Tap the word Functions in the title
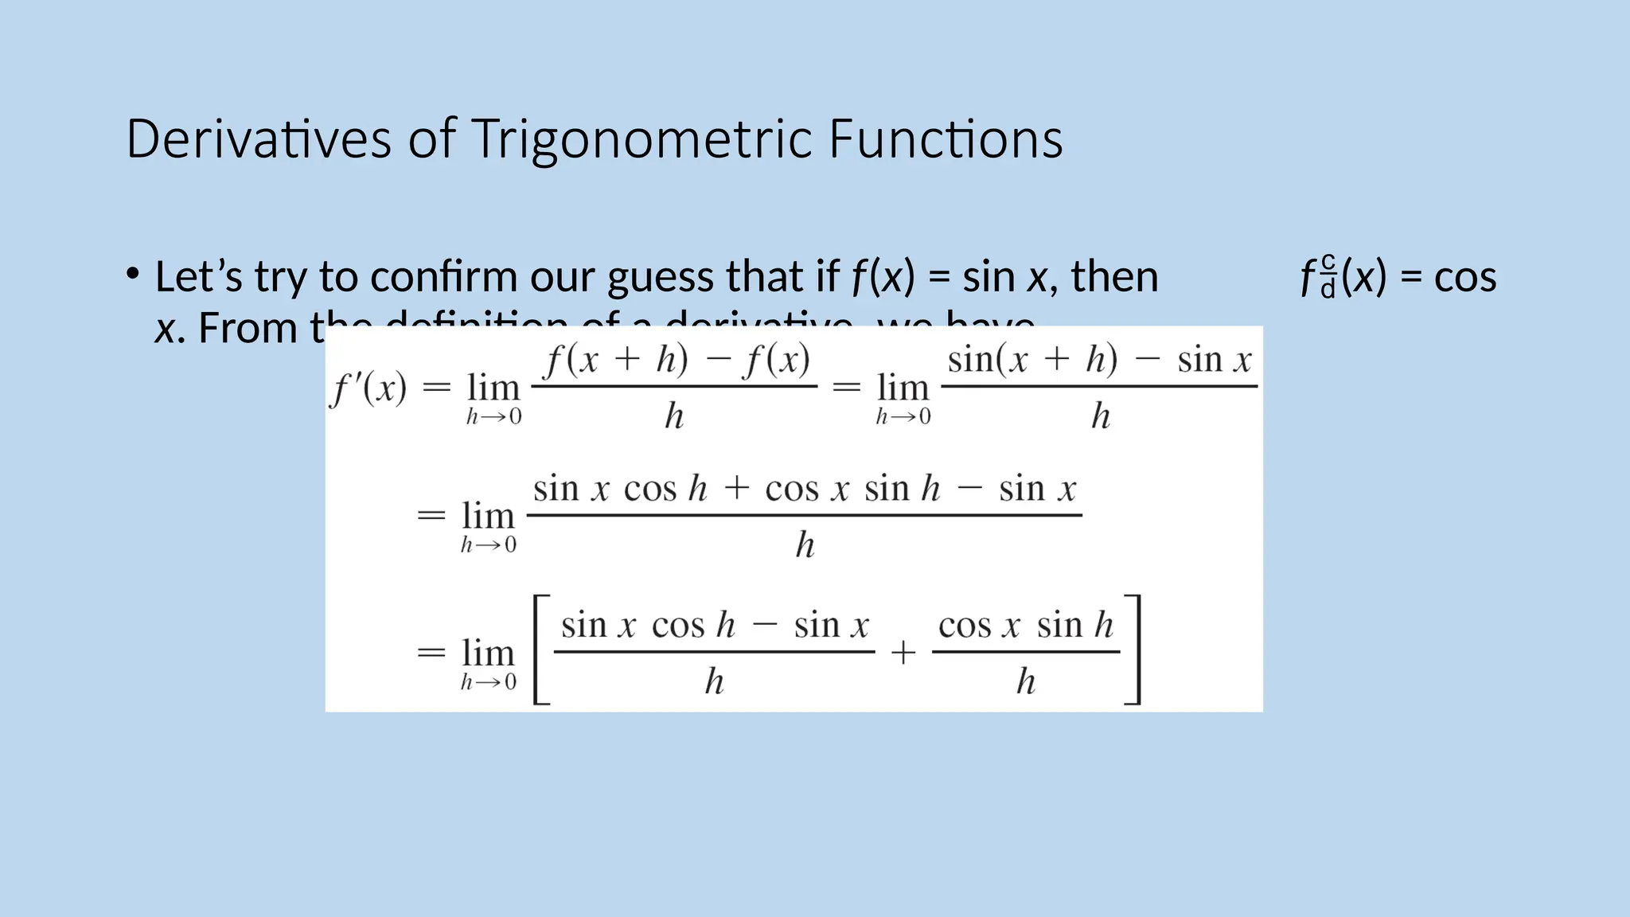tap(945, 139)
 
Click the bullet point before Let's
tap(133, 275)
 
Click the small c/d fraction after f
tap(1328, 275)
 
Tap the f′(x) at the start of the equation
tap(369, 388)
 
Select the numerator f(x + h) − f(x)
tap(676, 360)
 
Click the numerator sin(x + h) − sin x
tap(1099, 360)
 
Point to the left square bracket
tap(541, 650)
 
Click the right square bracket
tap(1133, 650)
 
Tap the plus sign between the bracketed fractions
tap(903, 653)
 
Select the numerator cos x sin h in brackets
tap(1026, 625)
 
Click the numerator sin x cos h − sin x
tap(714, 625)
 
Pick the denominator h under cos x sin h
tap(1026, 681)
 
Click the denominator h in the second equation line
tap(805, 545)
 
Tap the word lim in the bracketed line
tap(488, 653)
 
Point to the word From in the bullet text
tap(247, 328)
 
